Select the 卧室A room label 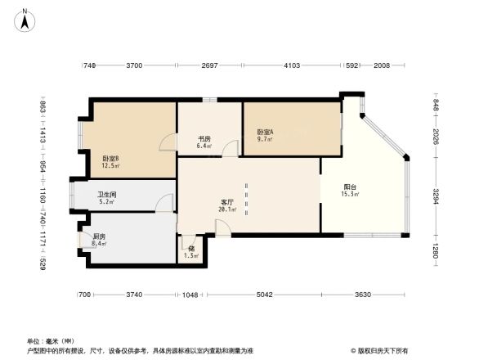point(265,132)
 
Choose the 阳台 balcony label point(349,187)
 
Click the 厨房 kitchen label point(99,236)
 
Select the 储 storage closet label point(190,248)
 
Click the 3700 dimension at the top point(134,65)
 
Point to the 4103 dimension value point(292,65)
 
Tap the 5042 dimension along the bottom point(263,295)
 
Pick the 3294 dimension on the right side point(436,197)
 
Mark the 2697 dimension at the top point(209,65)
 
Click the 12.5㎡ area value point(110,166)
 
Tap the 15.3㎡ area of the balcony point(349,195)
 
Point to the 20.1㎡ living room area point(227,209)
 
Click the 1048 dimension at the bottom point(190,295)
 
